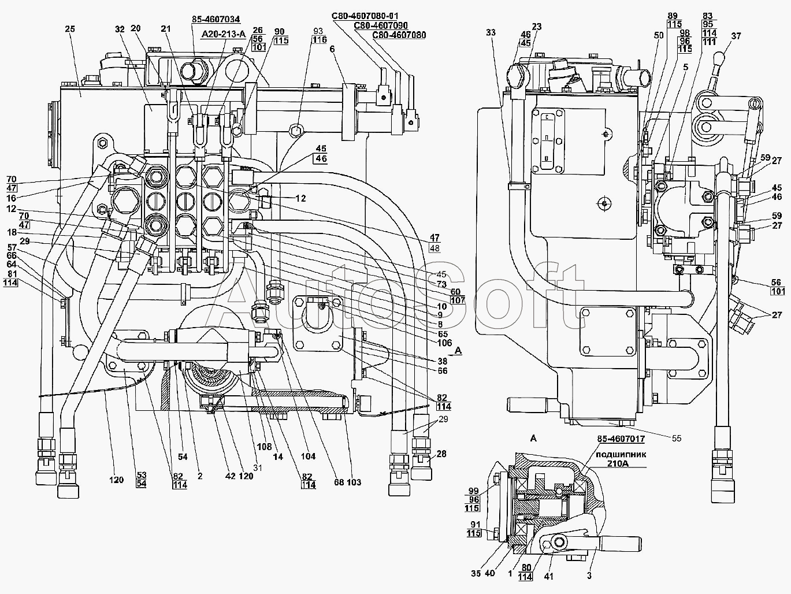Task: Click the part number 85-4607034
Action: pyautogui.click(x=216, y=19)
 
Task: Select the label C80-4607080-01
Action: pyautogui.click(x=365, y=16)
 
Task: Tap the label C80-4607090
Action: pyautogui.click(x=381, y=25)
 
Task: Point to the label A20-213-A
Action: pyautogui.click(x=224, y=34)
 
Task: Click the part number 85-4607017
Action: pyautogui.click(x=621, y=439)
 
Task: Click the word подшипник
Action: pyautogui.click(x=621, y=455)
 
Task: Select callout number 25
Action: pyautogui.click(x=70, y=29)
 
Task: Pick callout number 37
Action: pyautogui.click(x=736, y=36)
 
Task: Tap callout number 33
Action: pyautogui.click(x=491, y=32)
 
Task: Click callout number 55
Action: pyautogui.click(x=677, y=438)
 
